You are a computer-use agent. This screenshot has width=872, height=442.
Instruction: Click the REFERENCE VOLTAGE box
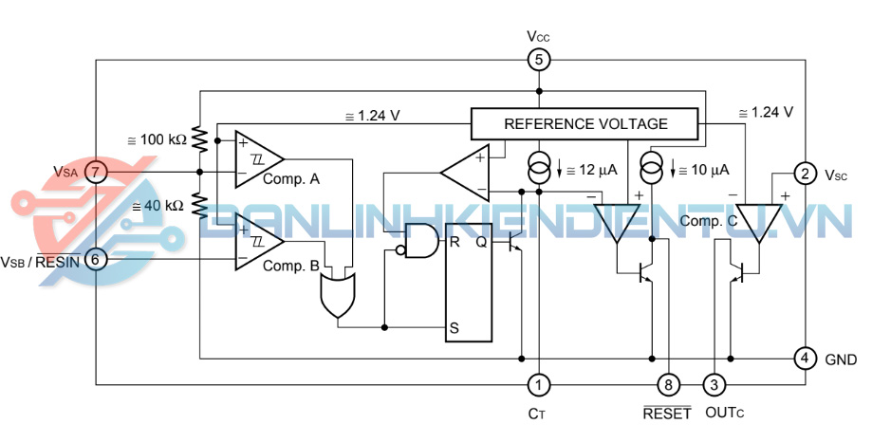(585, 123)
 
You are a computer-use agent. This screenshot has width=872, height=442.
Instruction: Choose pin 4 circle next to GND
(804, 359)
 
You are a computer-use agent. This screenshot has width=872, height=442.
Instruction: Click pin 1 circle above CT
(538, 384)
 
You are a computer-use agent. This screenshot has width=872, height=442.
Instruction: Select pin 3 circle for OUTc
(714, 384)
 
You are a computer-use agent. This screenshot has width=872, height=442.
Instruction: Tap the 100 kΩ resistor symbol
(200, 140)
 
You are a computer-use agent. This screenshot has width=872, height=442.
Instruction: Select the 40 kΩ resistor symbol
(200, 204)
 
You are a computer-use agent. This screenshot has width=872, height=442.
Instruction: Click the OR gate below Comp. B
(337, 295)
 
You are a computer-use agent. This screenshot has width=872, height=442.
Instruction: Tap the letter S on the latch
(455, 328)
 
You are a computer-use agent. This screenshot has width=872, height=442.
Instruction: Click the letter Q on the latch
(481, 241)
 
